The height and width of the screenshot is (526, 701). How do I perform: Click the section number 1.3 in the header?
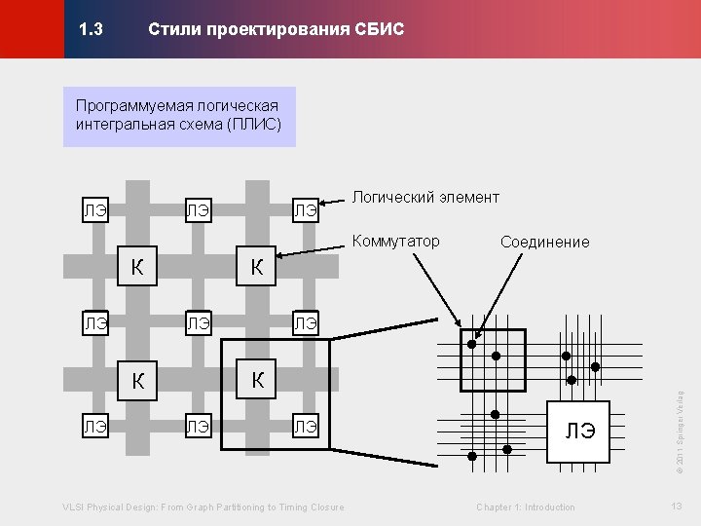click(92, 30)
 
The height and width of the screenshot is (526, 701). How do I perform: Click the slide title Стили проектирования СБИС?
click(276, 30)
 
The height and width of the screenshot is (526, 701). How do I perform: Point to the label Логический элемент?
click(425, 198)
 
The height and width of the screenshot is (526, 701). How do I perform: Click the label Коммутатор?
click(395, 241)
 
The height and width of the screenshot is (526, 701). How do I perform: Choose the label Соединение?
click(544, 242)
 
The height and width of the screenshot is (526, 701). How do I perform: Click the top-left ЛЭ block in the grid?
click(94, 209)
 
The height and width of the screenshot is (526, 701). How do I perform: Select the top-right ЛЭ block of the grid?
click(306, 209)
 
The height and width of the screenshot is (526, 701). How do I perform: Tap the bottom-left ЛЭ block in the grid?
click(94, 426)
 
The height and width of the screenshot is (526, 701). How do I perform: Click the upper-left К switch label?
click(138, 266)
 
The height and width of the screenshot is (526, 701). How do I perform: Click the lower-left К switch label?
click(138, 382)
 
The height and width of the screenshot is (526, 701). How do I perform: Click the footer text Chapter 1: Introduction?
click(526, 507)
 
